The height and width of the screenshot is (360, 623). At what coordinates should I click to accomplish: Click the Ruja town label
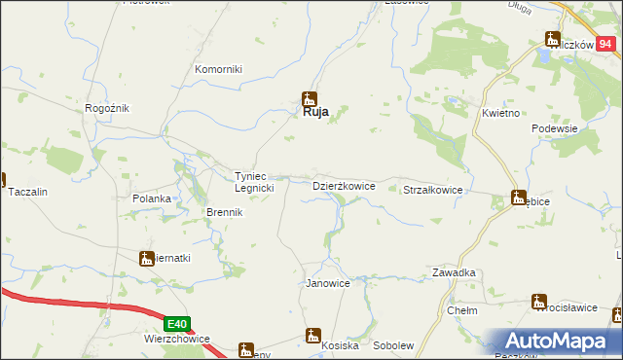point(311,112)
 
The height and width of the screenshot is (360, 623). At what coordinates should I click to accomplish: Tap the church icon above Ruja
point(310,97)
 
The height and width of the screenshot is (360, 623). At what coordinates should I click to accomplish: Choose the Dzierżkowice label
point(343,185)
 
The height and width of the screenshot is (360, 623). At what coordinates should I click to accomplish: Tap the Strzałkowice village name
point(432,191)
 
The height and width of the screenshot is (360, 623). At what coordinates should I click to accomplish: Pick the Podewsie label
point(555,128)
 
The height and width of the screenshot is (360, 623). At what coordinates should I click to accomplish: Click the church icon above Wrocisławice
point(539,302)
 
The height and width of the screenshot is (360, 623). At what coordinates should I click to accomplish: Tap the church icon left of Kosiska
point(312,337)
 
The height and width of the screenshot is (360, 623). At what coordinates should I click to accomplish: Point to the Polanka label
point(152,198)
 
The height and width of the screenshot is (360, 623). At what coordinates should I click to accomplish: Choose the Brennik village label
point(223,212)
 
